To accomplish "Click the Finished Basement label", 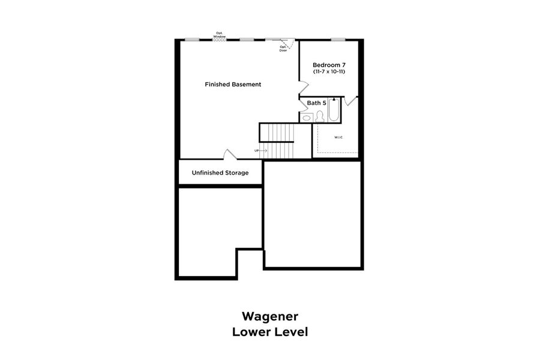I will tap(233, 85).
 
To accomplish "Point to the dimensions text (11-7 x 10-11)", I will tap(329, 72).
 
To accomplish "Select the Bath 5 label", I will tap(316, 103).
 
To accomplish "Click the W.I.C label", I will tap(338, 137).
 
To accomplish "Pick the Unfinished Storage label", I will tap(220, 173).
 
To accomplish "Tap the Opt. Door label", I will tap(283, 49).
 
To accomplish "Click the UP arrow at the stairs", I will tap(260, 151).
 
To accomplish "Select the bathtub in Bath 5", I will tap(334, 110).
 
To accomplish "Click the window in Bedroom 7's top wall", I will tap(338, 40).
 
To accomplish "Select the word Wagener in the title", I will tap(270, 316).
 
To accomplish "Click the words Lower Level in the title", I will tap(270, 331).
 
